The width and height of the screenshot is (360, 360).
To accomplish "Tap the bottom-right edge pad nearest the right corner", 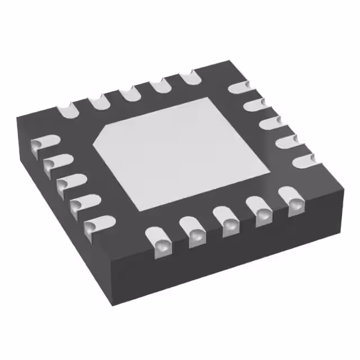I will click(294, 203).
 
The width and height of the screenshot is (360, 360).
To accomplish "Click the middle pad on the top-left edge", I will click(130, 92).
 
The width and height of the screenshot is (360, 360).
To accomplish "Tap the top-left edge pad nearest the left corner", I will click(67, 107).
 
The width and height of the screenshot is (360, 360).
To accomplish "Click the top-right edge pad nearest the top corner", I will click(239, 88).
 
